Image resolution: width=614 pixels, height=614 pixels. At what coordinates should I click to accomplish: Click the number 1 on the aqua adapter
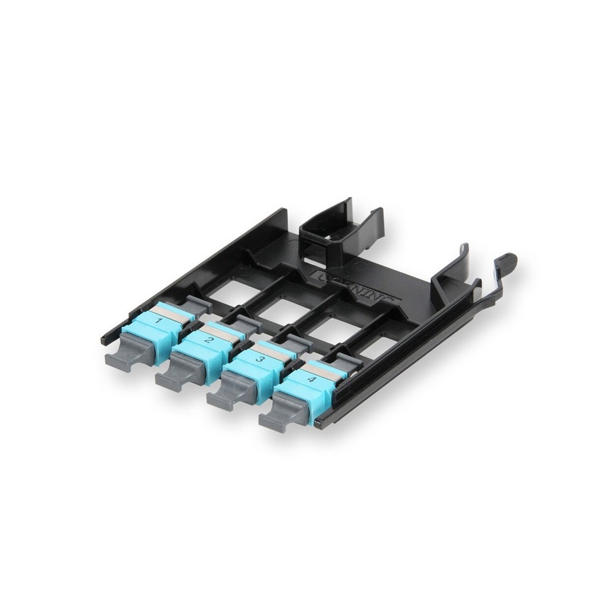[159, 321]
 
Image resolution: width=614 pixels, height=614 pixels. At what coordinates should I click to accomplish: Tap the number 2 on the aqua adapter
[209, 340]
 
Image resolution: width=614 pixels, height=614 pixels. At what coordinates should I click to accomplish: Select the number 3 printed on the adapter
[260, 359]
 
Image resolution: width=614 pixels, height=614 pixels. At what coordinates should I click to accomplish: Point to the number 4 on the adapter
[311, 379]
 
